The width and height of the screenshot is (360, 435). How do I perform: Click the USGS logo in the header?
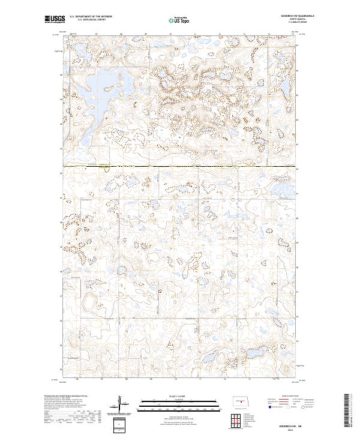pos(53,20)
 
